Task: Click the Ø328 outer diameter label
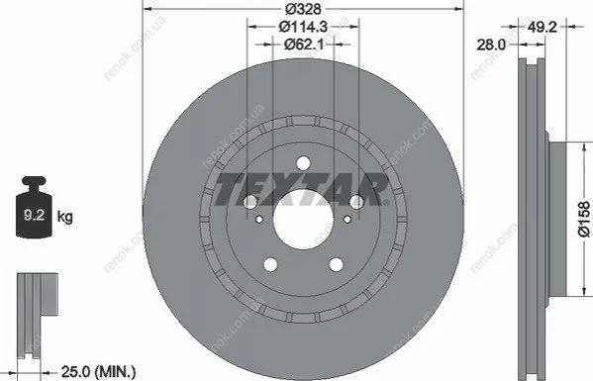(303, 9)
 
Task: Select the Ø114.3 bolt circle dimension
(303, 27)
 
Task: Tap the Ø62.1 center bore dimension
(304, 45)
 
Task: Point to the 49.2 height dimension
(542, 27)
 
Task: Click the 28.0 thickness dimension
(490, 45)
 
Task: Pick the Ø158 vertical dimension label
(583, 220)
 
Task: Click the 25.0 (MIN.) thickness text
(98, 372)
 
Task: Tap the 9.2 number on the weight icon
(34, 215)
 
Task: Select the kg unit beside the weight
(64, 217)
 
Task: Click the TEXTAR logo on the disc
(301, 189)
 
